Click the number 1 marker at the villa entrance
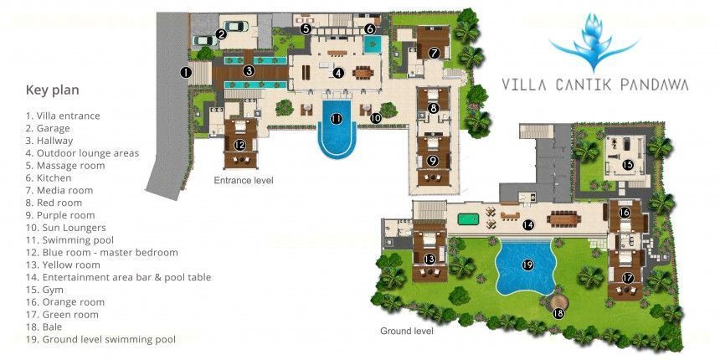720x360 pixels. coord(186,73)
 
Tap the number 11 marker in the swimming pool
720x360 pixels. coord(337,119)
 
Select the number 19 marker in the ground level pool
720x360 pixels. coord(527,265)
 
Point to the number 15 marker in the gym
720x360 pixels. coord(628,165)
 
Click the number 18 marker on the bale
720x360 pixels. coord(558,314)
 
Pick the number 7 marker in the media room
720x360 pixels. coord(435,53)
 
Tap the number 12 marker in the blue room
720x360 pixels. coord(239,145)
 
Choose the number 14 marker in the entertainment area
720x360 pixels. coord(528,225)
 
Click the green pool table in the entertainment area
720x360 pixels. coord(468,219)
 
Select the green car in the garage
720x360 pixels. coord(235,26)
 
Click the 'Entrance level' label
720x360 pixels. coord(244,181)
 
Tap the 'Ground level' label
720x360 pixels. coord(406,331)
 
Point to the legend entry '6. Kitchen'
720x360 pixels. coord(49,177)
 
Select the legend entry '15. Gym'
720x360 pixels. coord(44,290)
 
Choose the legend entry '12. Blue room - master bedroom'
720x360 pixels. coord(102,253)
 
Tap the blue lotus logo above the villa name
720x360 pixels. coord(594,41)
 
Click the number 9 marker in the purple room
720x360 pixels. coord(433,160)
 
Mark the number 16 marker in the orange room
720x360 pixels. coord(624,213)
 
